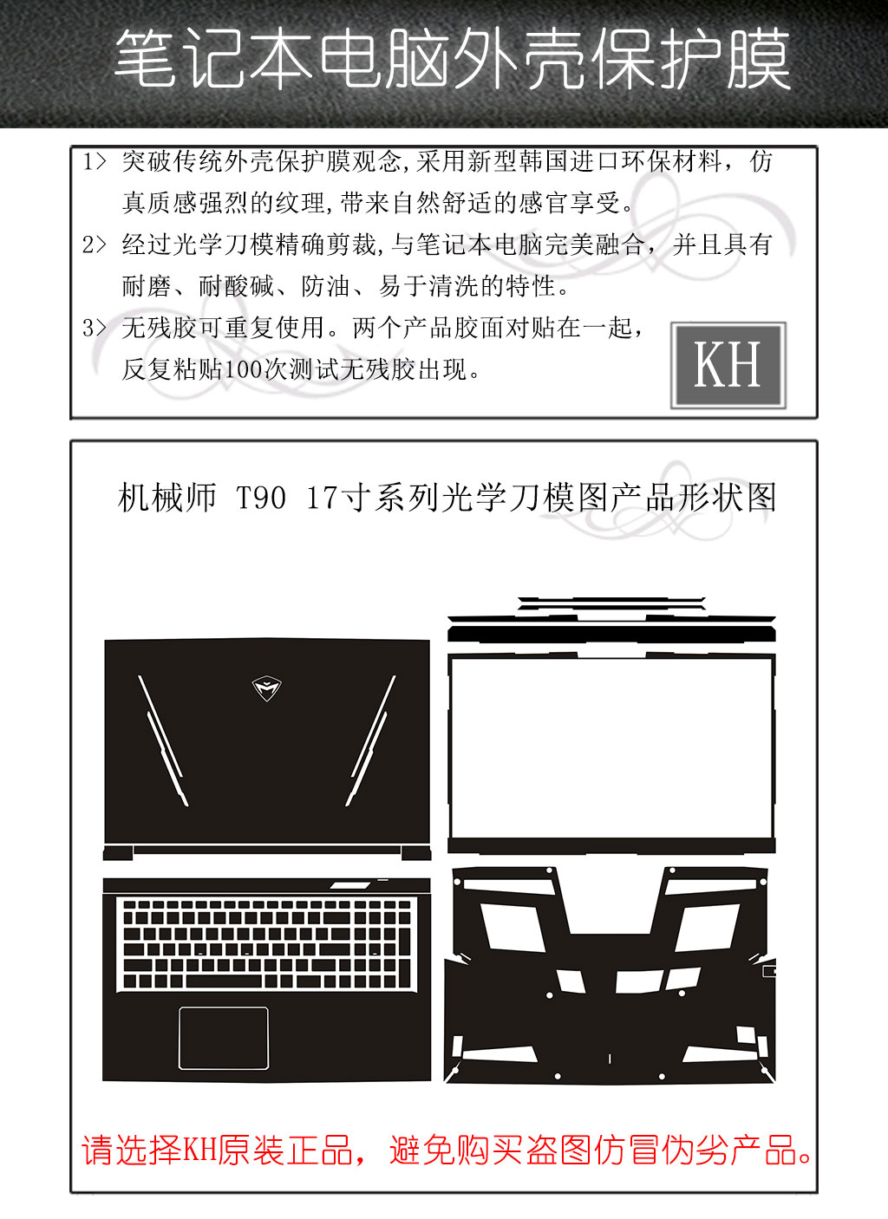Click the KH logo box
click(x=728, y=365)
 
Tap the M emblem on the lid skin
click(x=267, y=688)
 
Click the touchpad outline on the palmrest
click(x=223, y=1038)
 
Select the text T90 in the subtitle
click(x=261, y=498)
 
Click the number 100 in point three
click(x=244, y=370)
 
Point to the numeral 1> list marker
click(x=94, y=161)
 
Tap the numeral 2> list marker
click(x=94, y=244)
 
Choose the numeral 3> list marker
click(x=94, y=328)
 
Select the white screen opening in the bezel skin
click(x=611, y=747)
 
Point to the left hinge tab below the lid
click(x=118, y=853)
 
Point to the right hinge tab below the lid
click(x=416, y=853)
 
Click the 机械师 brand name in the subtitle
click(x=167, y=498)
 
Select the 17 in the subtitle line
click(x=321, y=498)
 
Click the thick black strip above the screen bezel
click(x=611, y=635)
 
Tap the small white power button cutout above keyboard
click(x=349, y=885)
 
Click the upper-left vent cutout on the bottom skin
click(x=513, y=927)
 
